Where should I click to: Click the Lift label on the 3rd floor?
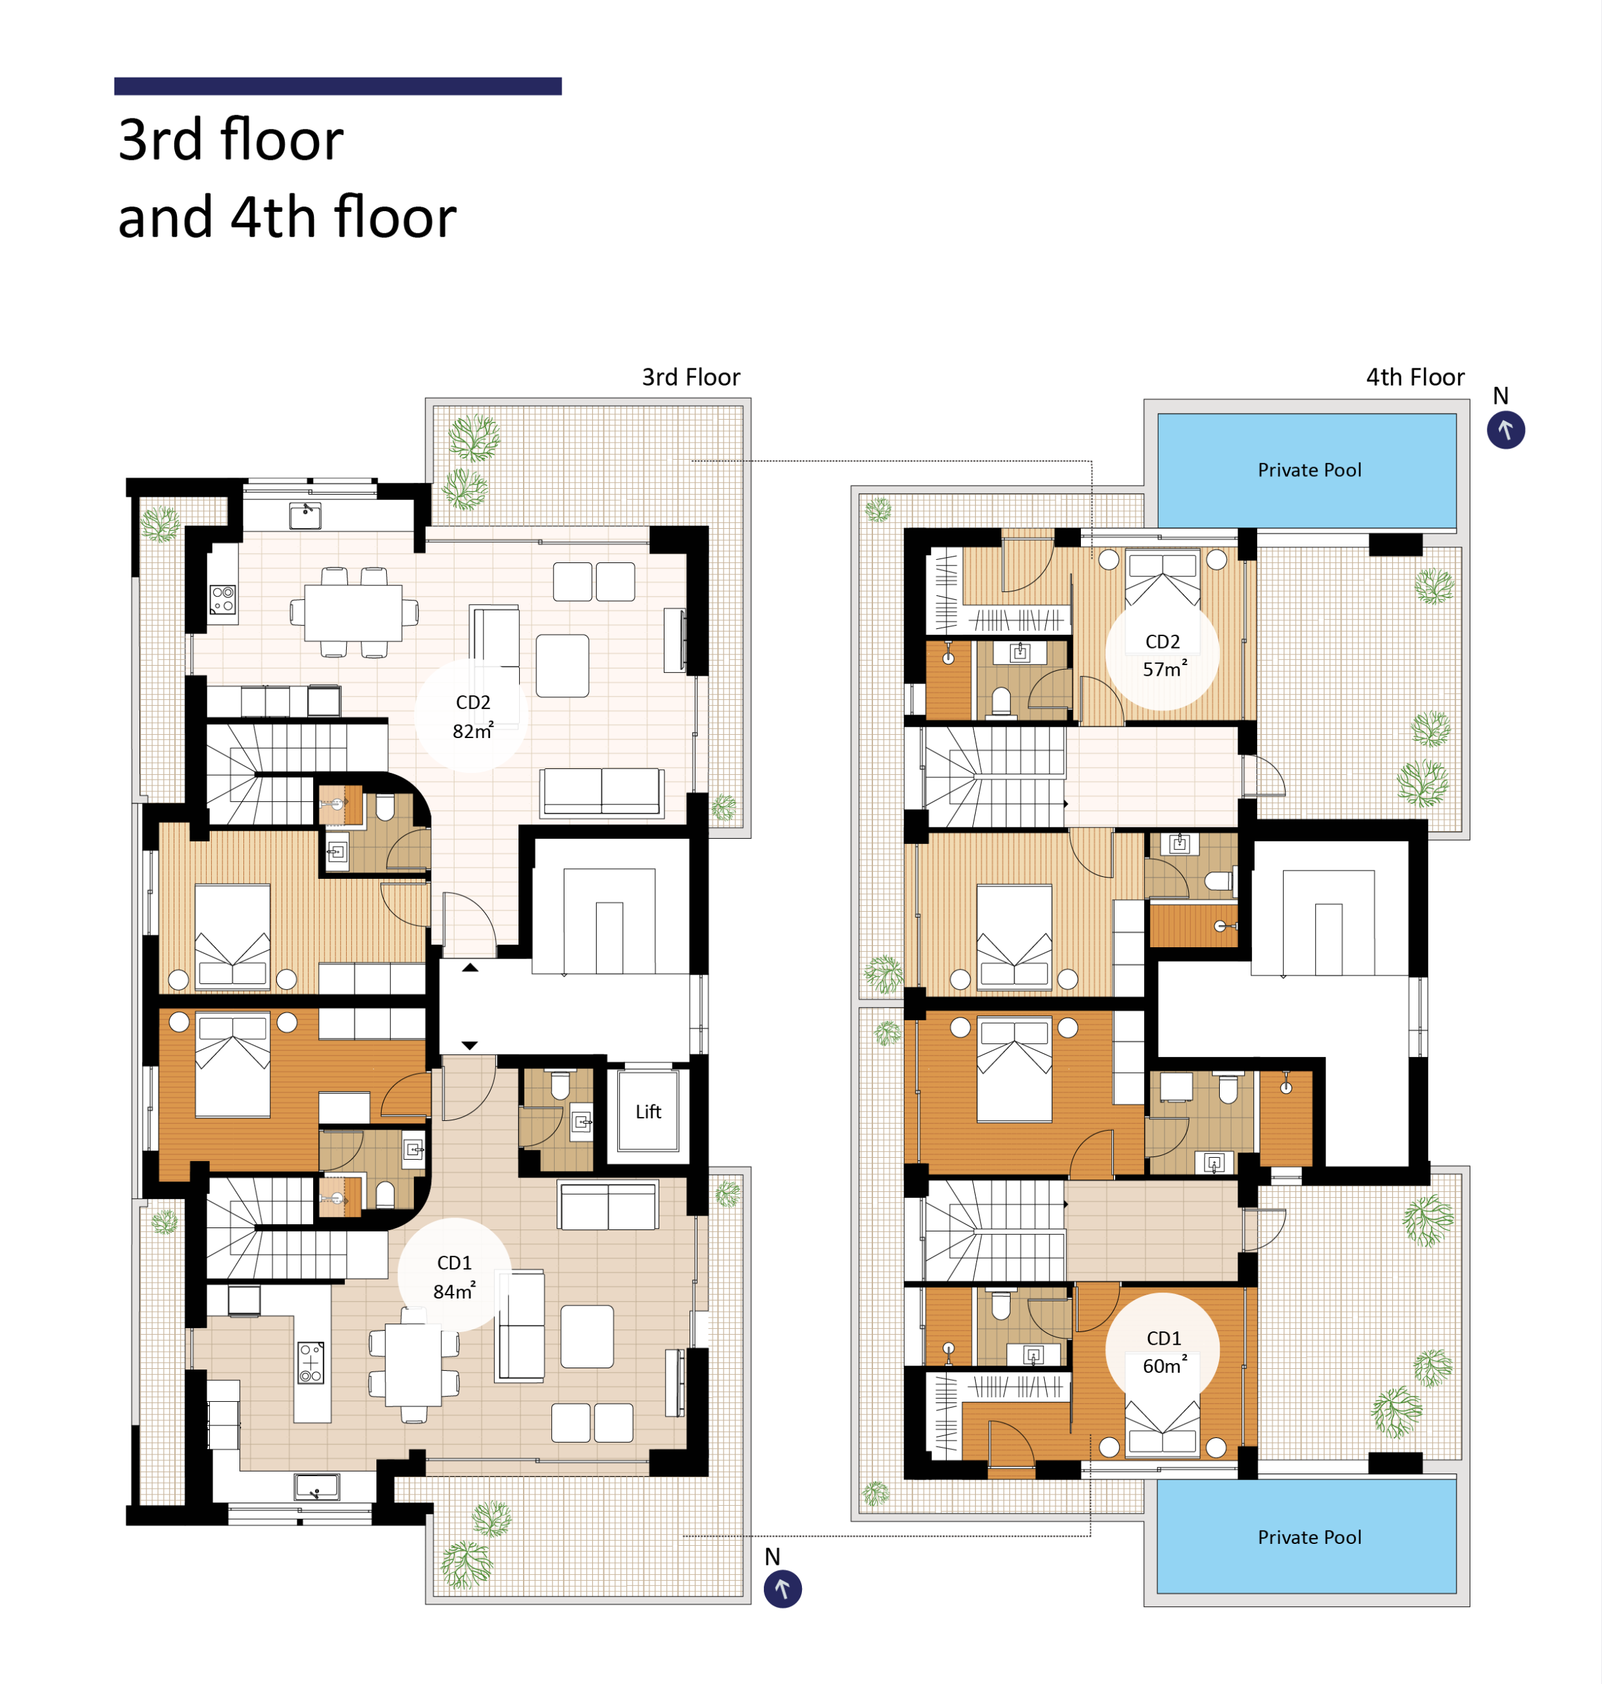[x=648, y=1111]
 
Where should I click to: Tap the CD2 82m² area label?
[x=473, y=716]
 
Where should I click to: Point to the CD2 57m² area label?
[x=1164, y=655]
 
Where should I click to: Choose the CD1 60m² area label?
[x=1164, y=1352]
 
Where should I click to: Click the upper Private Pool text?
[x=1309, y=470]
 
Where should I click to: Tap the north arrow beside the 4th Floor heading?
[x=1505, y=430]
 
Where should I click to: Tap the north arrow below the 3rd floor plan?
[x=782, y=1589]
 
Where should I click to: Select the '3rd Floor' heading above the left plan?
[x=691, y=378]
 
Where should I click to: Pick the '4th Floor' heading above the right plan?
[x=1415, y=378]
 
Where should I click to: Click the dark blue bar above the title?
[x=338, y=86]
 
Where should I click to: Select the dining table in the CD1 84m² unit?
[x=413, y=1364]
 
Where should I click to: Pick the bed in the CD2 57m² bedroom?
[x=1163, y=579]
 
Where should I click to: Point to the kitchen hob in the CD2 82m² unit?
[x=224, y=599]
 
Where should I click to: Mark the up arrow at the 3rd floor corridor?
[x=470, y=968]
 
